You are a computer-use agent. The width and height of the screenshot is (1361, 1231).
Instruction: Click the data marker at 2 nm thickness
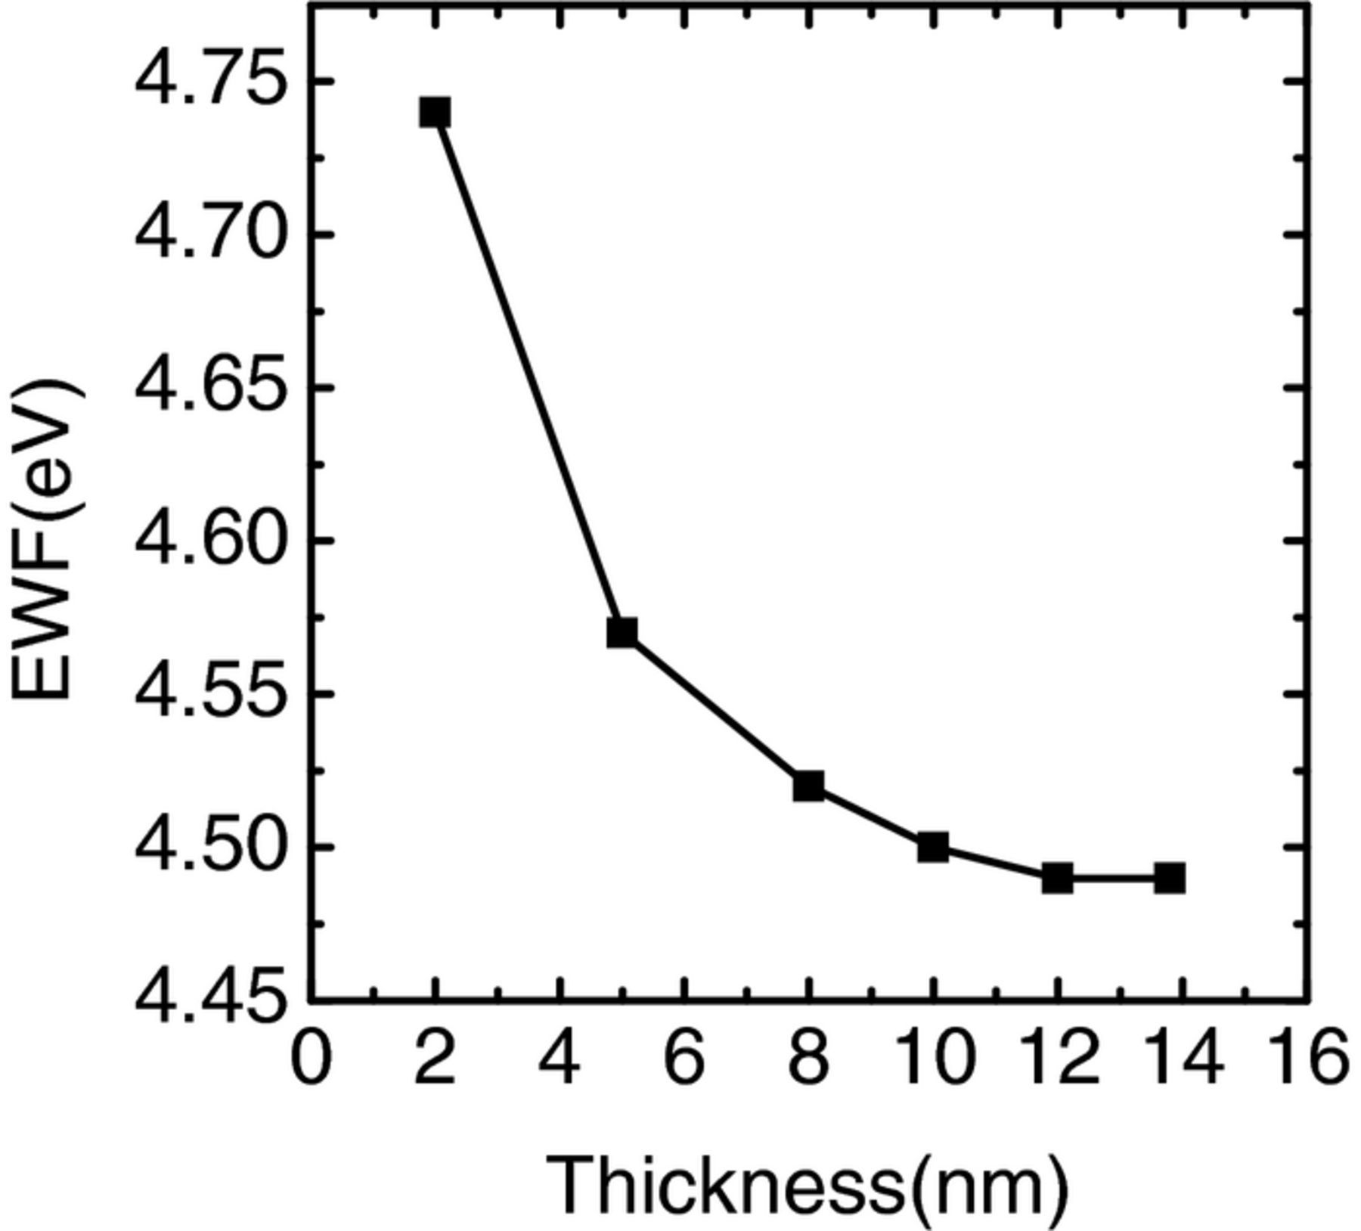(435, 113)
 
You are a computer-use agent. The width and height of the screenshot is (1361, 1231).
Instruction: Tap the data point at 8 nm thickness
(808, 786)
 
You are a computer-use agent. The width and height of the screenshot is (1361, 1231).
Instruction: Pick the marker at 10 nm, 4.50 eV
(933, 848)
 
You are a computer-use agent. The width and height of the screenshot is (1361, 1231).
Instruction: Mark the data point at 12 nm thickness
(1057, 879)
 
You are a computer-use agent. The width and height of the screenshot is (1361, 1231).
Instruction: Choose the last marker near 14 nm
(1169, 879)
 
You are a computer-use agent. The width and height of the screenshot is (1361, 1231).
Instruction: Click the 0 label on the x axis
(311, 1057)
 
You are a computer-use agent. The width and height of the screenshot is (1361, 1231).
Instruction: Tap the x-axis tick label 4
(560, 1057)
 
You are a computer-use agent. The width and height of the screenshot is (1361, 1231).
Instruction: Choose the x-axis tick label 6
(684, 1057)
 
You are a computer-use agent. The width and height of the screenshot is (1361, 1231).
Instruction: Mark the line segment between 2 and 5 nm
(528, 373)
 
